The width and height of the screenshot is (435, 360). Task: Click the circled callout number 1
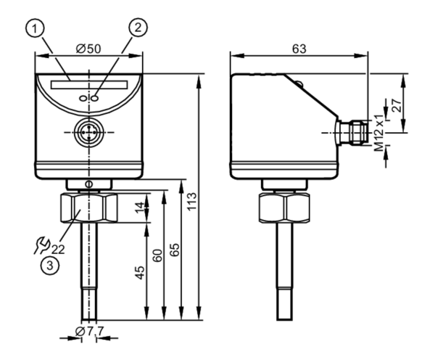tap(35, 29)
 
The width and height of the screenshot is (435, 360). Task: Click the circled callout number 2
tap(138, 28)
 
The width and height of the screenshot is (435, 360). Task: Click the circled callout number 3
tap(50, 266)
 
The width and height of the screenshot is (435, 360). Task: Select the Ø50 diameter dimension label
tap(88, 49)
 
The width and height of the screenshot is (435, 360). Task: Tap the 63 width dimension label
tap(299, 49)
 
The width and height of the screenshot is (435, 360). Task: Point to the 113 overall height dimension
tap(191, 201)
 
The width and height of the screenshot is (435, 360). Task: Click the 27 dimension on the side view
tap(397, 105)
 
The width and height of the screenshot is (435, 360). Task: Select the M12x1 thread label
tap(378, 133)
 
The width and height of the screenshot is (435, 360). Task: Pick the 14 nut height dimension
tap(140, 208)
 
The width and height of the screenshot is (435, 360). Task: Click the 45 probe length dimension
tap(140, 272)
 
